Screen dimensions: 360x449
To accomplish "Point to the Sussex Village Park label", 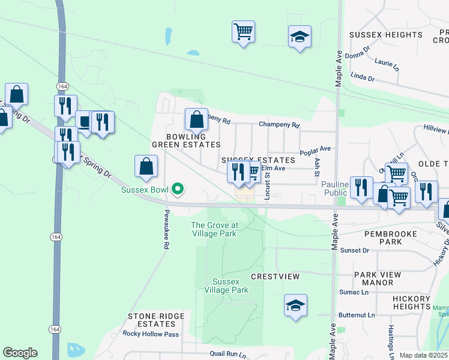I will point(231,286).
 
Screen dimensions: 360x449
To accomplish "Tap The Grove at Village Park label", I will point(214,229).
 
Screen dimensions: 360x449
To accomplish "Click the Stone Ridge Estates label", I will point(152,320).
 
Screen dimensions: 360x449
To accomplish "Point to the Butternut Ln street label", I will point(356,314).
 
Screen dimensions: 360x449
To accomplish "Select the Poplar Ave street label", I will point(315,148).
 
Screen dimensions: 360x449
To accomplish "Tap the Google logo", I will point(20,353).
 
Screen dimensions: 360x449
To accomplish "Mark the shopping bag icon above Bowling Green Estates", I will point(196,119).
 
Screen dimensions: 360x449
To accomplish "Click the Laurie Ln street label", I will point(386,62).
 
